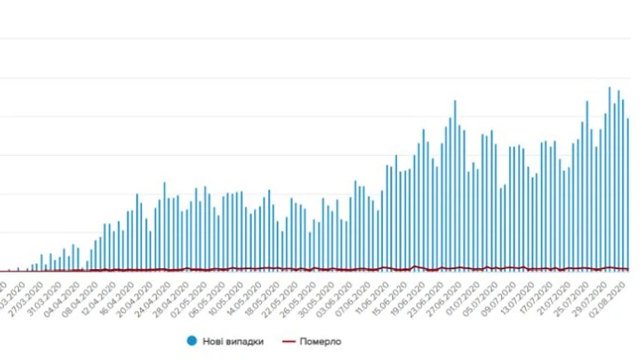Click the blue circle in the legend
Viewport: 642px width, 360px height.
pos(192,341)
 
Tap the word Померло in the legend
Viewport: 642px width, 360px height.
pos(322,341)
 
